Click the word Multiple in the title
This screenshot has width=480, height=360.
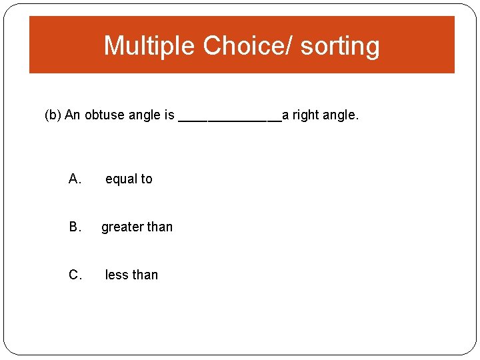[150, 46]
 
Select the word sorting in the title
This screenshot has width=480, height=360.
[340, 46]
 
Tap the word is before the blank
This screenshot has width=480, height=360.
[169, 115]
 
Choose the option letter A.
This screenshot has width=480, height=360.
[75, 179]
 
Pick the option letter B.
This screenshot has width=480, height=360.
[75, 227]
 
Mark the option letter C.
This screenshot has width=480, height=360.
[75, 275]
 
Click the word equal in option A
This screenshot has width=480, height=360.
[121, 179]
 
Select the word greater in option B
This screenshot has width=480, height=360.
[122, 227]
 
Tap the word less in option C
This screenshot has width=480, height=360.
[116, 275]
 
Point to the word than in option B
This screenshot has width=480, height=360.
[160, 227]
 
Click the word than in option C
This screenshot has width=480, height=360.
[145, 275]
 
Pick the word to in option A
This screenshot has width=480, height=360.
[146, 179]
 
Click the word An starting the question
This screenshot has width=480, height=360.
[72, 115]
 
